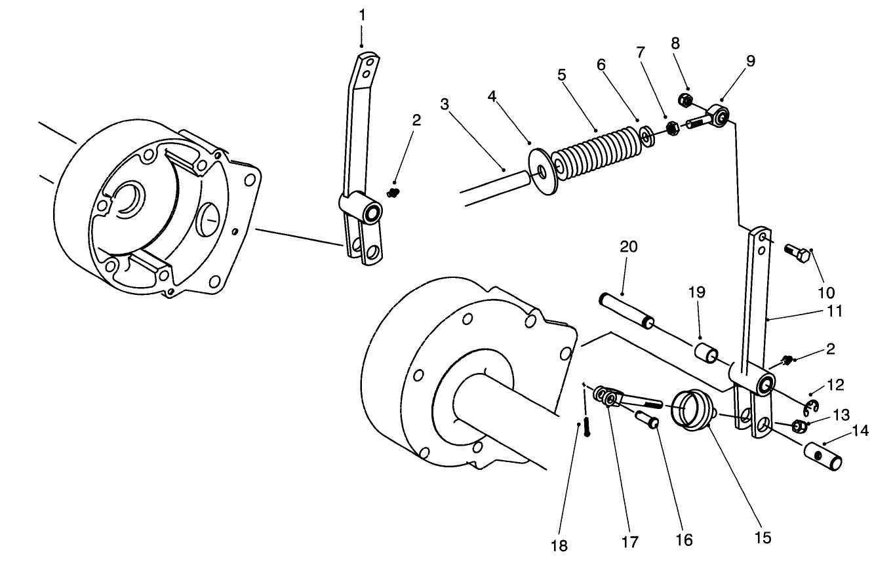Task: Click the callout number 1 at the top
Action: point(361,14)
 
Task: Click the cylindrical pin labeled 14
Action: point(824,456)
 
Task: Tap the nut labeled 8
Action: point(683,100)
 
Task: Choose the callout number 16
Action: point(684,541)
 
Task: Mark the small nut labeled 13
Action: point(799,427)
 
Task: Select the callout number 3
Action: point(445,104)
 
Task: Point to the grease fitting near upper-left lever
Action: point(393,192)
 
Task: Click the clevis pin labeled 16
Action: point(648,419)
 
